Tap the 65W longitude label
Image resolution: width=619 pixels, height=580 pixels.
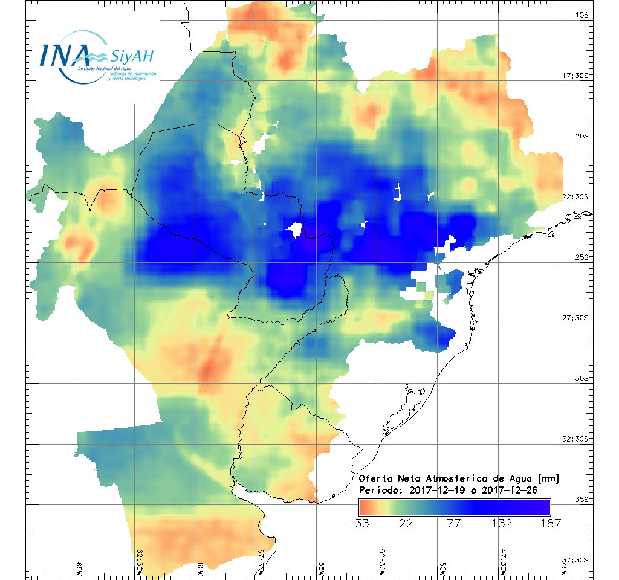(79, 570)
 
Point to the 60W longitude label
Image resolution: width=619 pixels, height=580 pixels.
(200, 570)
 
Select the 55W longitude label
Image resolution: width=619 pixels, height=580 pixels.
(322, 570)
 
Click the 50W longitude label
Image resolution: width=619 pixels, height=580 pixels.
(442, 570)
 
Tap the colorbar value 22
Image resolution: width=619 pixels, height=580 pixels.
(406, 523)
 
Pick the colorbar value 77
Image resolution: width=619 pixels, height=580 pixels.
(454, 523)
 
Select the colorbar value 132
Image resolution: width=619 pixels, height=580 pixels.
(502, 523)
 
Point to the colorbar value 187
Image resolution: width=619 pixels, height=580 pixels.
(549, 523)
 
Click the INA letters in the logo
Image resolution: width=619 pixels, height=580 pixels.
(65, 54)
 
